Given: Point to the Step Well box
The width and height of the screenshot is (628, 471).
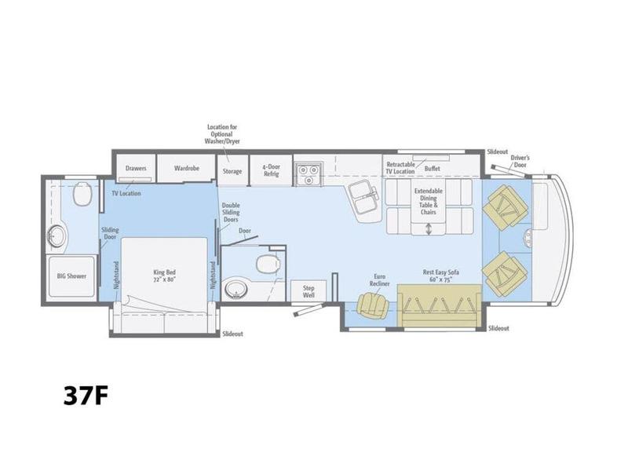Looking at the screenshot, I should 308,292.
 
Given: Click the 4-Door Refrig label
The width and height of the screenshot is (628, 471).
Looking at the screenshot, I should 270,170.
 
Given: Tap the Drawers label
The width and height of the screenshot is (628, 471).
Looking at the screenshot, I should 136,167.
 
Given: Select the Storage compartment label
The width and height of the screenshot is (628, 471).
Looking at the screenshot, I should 232,170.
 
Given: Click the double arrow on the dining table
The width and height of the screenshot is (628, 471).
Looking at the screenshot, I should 429,229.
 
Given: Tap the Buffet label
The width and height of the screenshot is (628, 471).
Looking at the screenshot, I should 433,169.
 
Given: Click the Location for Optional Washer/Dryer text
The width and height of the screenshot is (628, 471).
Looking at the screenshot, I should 222,135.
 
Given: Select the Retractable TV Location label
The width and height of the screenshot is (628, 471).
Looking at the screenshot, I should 400,168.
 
